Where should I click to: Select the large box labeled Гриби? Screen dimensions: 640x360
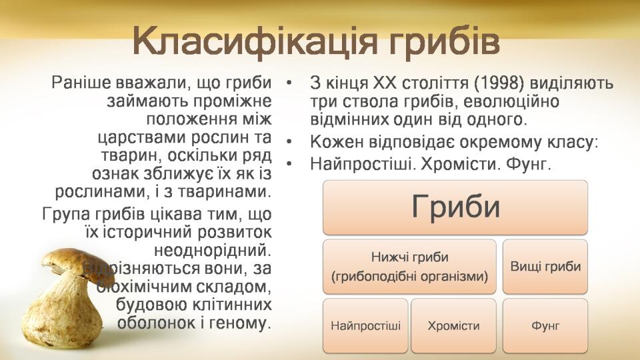coord(455,207)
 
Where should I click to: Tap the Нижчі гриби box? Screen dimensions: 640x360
coord(409,267)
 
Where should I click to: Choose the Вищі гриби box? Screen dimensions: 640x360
coord(545,267)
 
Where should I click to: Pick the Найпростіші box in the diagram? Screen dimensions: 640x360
coord(365,326)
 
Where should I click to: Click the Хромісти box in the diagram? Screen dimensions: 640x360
coord(453,326)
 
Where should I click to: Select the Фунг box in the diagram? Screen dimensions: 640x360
coord(545,326)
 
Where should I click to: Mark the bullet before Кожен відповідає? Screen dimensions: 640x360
coord(289,142)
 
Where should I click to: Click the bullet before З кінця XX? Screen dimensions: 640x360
coord(289,83)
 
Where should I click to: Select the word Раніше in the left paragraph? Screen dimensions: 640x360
coord(81,83)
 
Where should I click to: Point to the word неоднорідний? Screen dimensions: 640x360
coord(213,250)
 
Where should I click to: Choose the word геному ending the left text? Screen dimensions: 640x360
coord(239,323)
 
